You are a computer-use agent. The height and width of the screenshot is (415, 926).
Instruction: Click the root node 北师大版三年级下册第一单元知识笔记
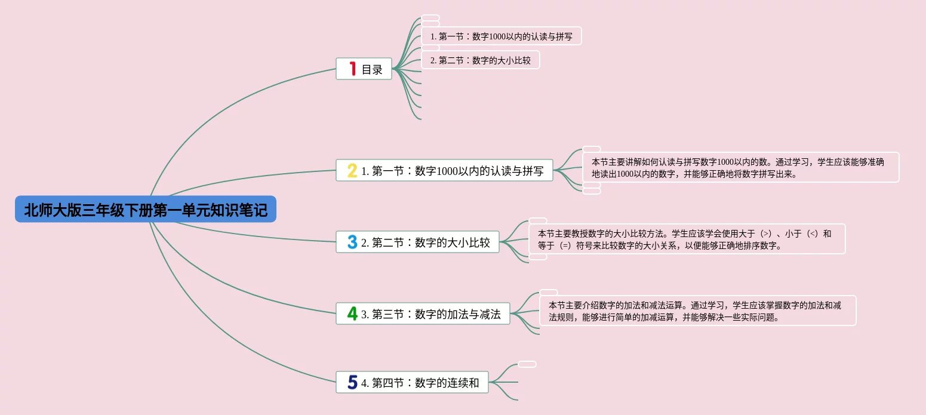pyautogui.click(x=145, y=210)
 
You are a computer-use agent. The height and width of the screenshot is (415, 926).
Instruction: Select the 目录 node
pyautogui.click(x=372, y=69)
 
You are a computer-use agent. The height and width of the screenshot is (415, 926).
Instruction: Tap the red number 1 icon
pyautogui.click(x=352, y=69)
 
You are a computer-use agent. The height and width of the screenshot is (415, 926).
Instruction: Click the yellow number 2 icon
pyautogui.click(x=352, y=171)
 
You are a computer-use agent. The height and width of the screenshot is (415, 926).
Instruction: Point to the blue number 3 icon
pyautogui.click(x=352, y=242)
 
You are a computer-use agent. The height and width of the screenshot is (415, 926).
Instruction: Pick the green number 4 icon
pyautogui.click(x=352, y=313)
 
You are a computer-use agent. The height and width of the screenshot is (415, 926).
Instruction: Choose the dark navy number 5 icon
pyautogui.click(x=352, y=382)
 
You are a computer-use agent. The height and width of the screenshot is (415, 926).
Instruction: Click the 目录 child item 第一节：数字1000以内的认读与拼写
pyautogui.click(x=502, y=36)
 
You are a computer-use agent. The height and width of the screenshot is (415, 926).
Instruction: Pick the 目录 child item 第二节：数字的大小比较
pyautogui.click(x=481, y=60)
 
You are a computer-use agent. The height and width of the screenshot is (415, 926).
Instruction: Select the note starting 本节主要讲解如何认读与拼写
pyautogui.click(x=740, y=168)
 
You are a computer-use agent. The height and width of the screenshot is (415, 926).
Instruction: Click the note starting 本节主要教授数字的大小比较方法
pyautogui.click(x=687, y=239)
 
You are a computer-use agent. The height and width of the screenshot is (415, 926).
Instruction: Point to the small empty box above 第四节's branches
pyautogui.click(x=527, y=364)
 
